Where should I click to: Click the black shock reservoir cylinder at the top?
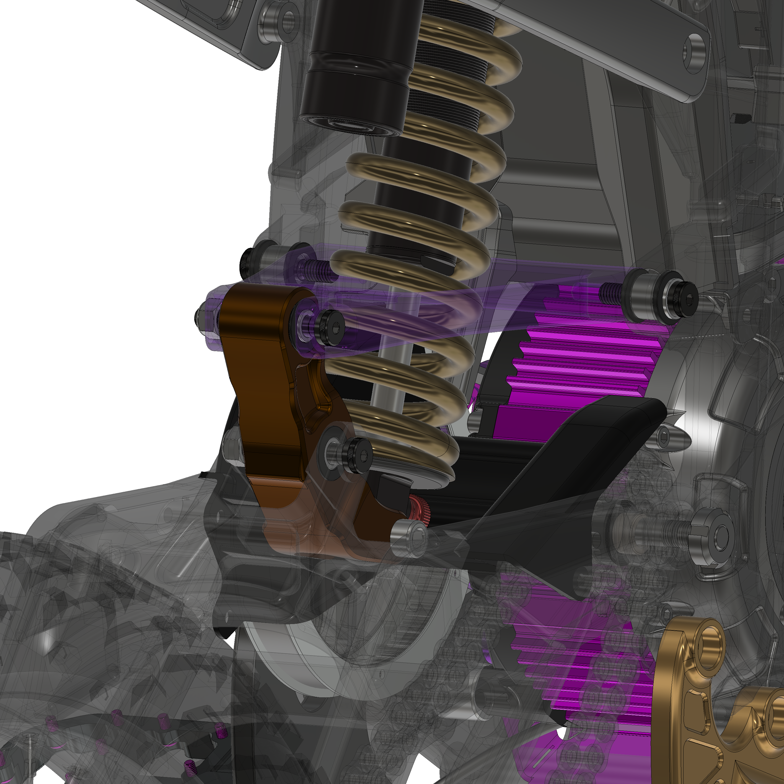tap(357, 65)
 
